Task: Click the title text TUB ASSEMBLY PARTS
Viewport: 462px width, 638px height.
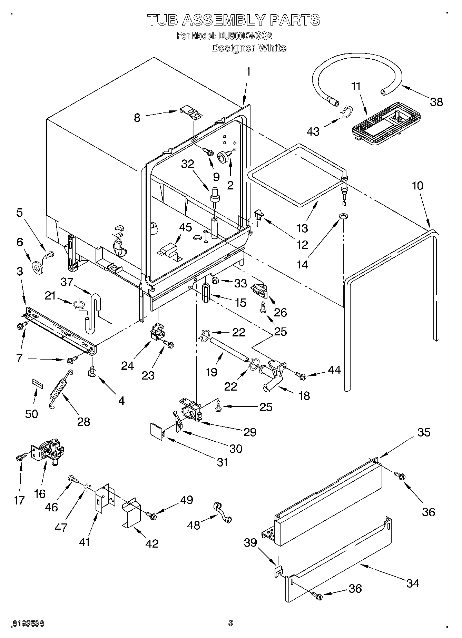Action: point(234,20)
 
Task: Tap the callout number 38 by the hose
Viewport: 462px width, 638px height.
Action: point(436,102)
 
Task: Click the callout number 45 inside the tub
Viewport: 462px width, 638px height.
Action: point(186,228)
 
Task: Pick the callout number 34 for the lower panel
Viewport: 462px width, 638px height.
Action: point(412,583)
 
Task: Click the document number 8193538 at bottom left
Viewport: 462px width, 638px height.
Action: point(28,624)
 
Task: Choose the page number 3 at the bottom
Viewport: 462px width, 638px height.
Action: point(230,623)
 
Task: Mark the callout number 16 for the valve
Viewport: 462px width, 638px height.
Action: point(40,494)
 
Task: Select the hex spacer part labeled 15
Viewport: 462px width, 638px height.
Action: point(207,293)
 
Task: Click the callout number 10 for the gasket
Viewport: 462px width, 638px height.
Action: point(417,186)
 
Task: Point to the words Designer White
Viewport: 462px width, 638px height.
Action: point(248,48)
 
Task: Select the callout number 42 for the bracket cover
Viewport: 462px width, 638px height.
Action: point(152,543)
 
